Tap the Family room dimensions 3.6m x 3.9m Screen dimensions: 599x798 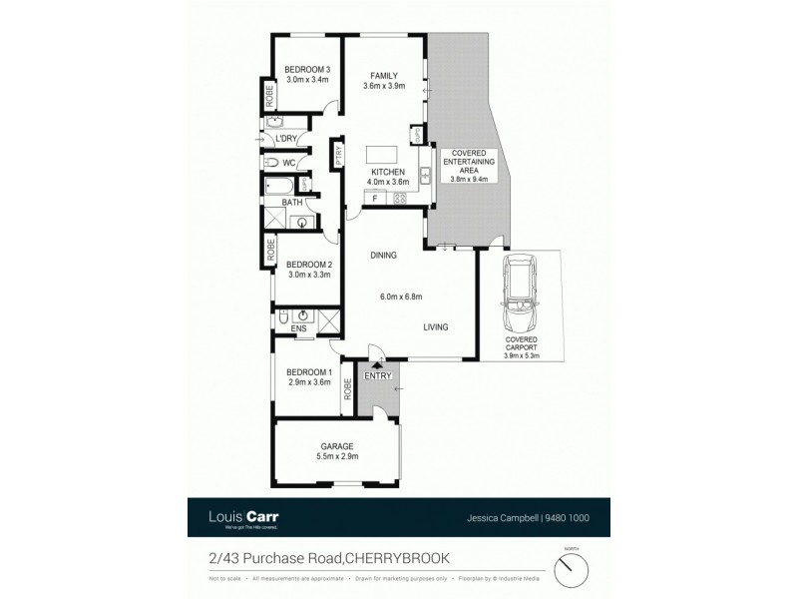tap(386, 87)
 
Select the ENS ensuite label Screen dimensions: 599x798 tap(297, 327)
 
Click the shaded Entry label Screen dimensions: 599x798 tap(378, 376)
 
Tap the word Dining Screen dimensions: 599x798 tap(383, 256)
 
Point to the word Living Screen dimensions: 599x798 tap(435, 326)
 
